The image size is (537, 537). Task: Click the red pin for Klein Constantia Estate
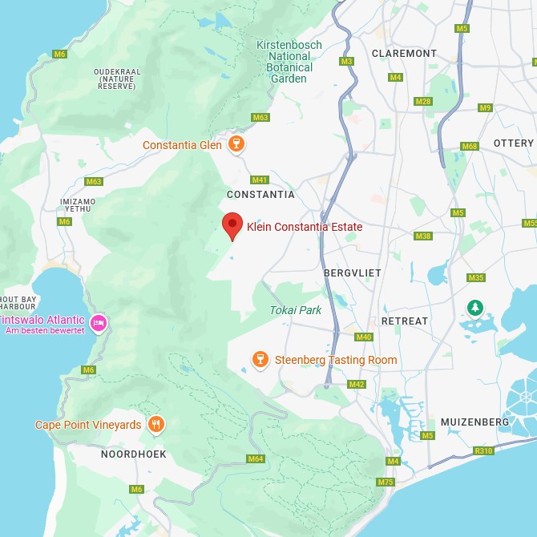point(232,225)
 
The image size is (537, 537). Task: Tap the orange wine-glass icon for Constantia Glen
point(236,144)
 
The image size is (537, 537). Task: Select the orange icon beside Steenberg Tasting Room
point(260,360)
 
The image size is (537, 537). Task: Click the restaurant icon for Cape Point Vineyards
point(156,425)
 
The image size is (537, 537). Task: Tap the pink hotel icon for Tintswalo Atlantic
point(99,323)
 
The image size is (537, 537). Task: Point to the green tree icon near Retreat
point(475,308)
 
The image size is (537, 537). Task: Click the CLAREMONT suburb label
point(404,54)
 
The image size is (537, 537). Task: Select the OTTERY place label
point(513,143)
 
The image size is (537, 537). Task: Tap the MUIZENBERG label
point(474,422)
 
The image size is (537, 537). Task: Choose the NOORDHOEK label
point(133,454)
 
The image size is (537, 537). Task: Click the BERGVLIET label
point(353,273)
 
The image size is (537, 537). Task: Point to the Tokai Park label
point(295,310)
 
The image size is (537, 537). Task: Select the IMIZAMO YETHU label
point(79,205)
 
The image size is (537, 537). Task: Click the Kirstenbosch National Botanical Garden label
point(289,62)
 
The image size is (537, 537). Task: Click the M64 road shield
point(255,458)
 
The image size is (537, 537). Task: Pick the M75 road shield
point(386,482)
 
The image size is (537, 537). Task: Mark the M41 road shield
point(259,180)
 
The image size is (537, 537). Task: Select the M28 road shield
point(422,101)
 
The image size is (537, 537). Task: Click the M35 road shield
point(476,278)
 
